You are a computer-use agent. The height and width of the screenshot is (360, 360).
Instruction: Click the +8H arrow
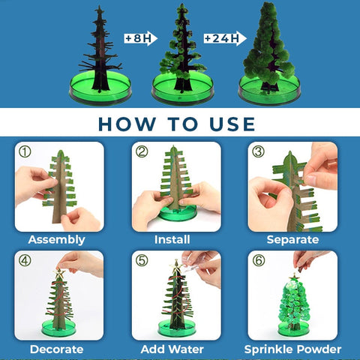click(141, 38)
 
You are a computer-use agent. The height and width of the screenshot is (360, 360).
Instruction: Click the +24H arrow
click(225, 38)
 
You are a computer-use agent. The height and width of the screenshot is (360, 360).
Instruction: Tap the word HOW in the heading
click(127, 124)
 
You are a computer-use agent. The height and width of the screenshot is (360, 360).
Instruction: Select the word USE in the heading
click(232, 124)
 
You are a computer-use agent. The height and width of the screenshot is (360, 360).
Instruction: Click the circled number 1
click(25, 151)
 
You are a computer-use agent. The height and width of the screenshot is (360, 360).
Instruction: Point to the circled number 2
click(142, 151)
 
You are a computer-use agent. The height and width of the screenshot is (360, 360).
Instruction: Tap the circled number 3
click(258, 151)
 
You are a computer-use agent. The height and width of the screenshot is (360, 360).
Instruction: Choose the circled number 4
click(25, 260)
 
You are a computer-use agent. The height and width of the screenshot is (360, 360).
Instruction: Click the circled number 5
click(142, 260)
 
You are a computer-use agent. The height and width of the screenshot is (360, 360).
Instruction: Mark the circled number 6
click(258, 260)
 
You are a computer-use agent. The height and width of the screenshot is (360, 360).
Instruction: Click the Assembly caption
click(57, 240)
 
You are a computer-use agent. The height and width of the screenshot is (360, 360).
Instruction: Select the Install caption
click(172, 239)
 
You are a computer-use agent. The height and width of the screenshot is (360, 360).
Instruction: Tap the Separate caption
click(292, 240)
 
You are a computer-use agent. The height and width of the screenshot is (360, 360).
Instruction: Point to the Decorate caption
click(57, 349)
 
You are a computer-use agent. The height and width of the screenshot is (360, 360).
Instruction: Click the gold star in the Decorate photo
click(59, 273)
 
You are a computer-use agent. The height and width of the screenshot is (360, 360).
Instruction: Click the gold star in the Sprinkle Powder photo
click(294, 277)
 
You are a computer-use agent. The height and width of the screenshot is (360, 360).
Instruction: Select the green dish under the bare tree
click(100, 88)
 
